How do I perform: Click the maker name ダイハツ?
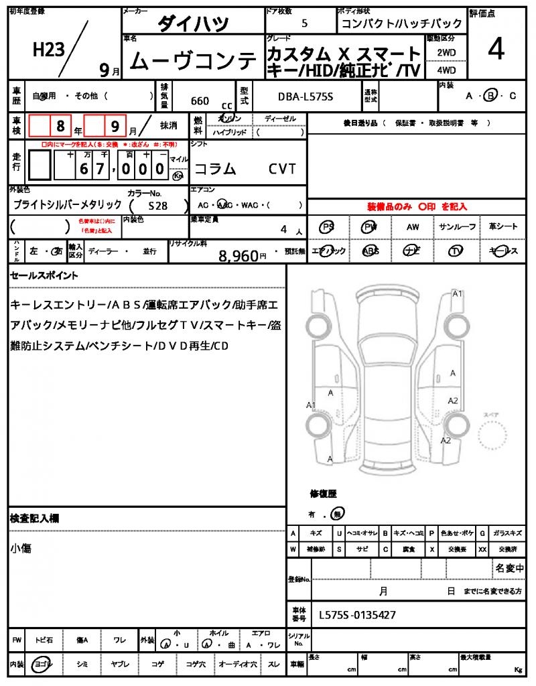click(193, 24)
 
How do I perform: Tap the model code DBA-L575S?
click(306, 97)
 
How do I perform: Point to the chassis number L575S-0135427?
click(357, 614)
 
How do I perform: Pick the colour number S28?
click(158, 206)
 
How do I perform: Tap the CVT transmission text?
click(282, 169)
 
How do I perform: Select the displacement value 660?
click(200, 101)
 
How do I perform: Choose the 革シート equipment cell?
click(503, 227)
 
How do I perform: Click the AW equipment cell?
click(413, 227)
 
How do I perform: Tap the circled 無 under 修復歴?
click(339, 514)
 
